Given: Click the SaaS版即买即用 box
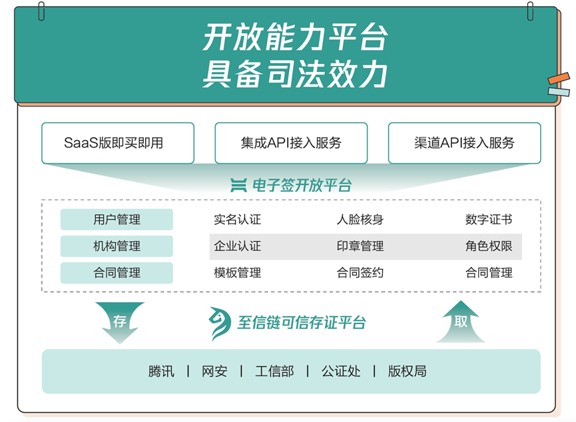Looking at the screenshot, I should (118, 142).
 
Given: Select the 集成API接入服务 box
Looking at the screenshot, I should (291, 142).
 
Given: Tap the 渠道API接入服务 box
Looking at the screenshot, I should (464, 142).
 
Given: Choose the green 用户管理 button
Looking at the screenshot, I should (117, 220).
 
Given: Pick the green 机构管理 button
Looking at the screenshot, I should (117, 246).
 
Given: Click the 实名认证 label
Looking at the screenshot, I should (237, 220).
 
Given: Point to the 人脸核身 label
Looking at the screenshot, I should (360, 220).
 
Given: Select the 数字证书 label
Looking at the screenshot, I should (489, 220).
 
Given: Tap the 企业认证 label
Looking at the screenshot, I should (237, 246).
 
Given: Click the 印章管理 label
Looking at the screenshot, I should (360, 246).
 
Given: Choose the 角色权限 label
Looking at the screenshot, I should (489, 246).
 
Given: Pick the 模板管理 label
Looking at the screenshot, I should (237, 273).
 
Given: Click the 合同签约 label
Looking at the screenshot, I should (360, 273).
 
